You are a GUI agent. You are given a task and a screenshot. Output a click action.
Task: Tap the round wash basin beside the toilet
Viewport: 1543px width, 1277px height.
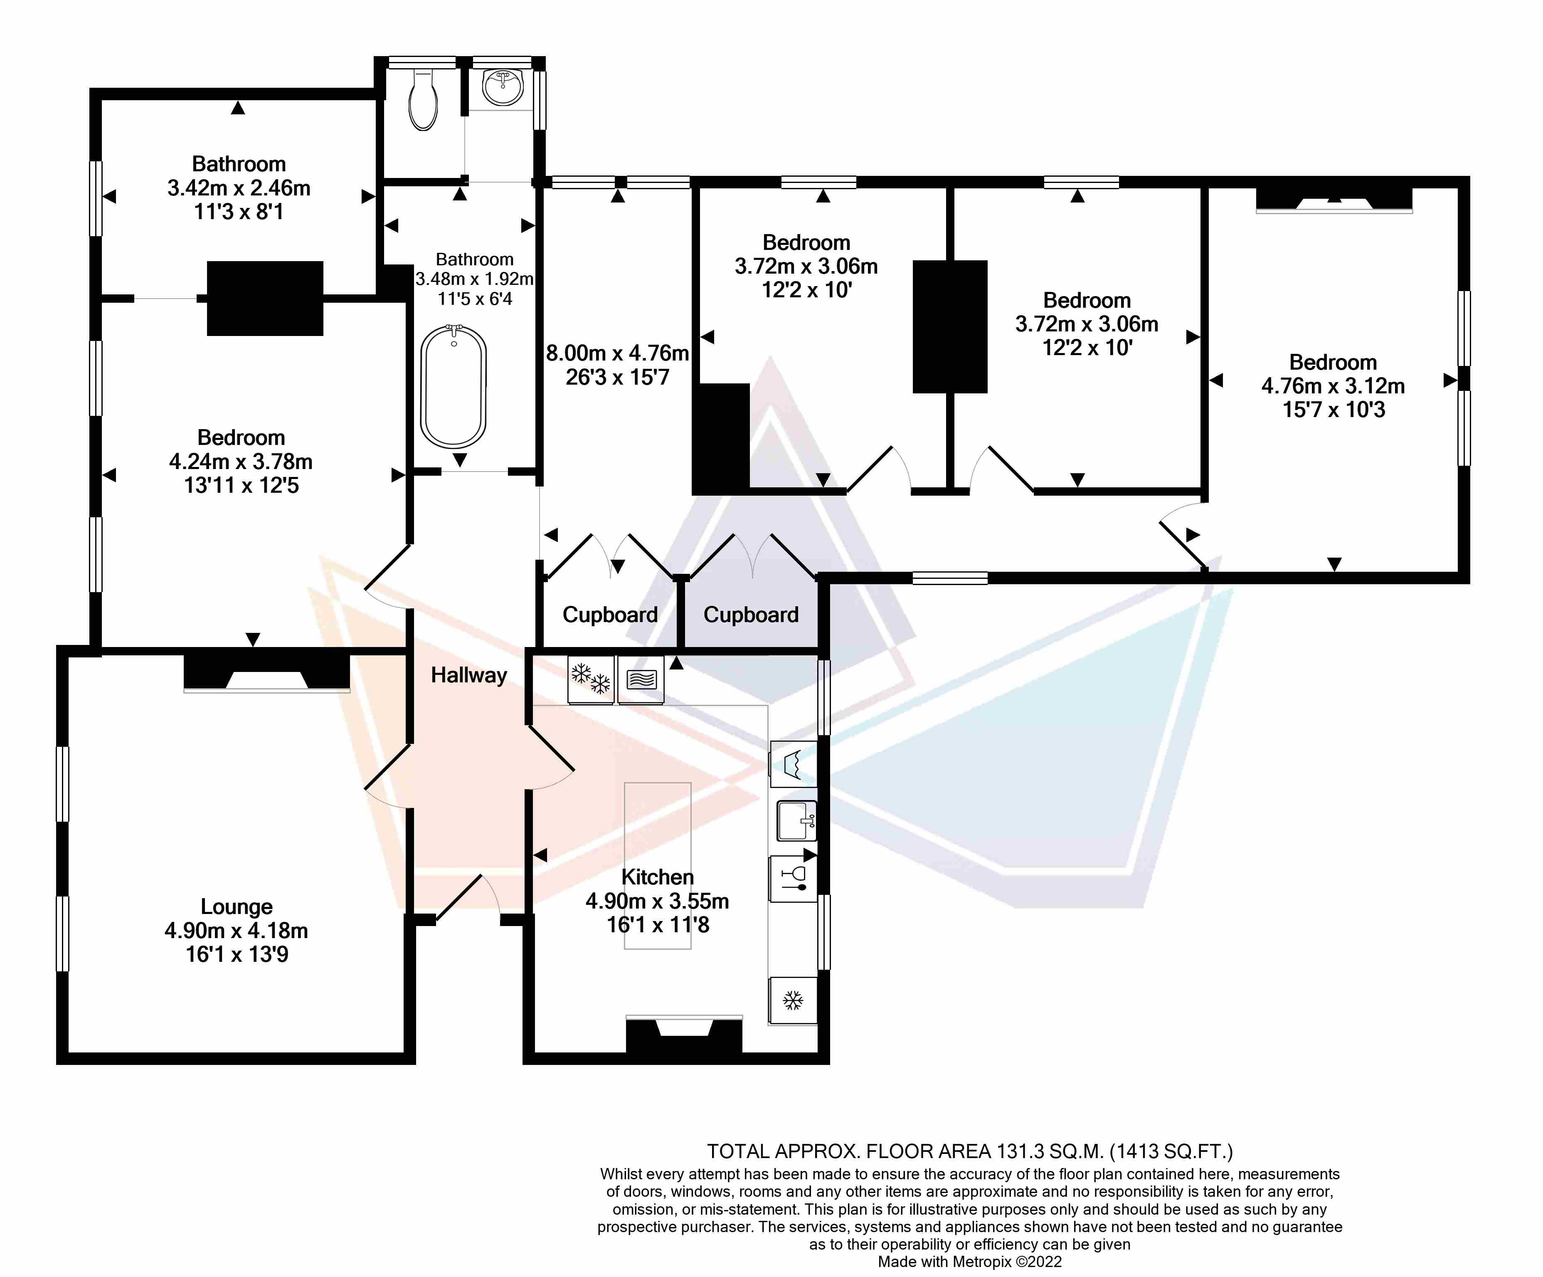pyautogui.click(x=503, y=87)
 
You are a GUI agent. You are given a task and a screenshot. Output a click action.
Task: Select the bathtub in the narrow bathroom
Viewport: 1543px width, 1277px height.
pyautogui.click(x=454, y=386)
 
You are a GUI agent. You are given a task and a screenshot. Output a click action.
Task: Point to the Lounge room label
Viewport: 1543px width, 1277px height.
pyautogui.click(x=237, y=906)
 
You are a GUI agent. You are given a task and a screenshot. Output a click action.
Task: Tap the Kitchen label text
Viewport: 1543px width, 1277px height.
pyautogui.click(x=658, y=877)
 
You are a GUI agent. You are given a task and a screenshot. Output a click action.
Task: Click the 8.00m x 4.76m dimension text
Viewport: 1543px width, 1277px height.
pyautogui.click(x=617, y=353)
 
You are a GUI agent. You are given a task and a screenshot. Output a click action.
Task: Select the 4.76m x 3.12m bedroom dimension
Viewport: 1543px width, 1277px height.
pyautogui.click(x=1333, y=386)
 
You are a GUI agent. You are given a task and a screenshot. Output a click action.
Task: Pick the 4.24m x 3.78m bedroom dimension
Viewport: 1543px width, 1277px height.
pyautogui.click(x=241, y=462)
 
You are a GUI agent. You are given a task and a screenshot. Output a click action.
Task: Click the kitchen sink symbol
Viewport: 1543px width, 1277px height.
pyautogui.click(x=796, y=820)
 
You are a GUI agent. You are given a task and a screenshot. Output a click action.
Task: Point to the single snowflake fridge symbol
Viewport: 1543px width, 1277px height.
pyautogui.click(x=793, y=1000)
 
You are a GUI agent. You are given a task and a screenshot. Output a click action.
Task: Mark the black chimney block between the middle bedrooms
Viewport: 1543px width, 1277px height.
pyautogui.click(x=950, y=326)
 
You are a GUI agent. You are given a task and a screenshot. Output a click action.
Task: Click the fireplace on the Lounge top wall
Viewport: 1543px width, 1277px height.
pyautogui.click(x=267, y=672)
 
